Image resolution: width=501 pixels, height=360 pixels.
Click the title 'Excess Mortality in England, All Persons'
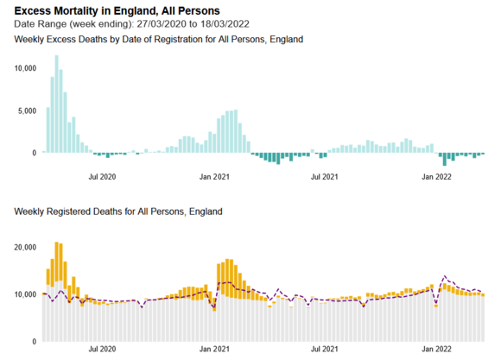click(x=117, y=11)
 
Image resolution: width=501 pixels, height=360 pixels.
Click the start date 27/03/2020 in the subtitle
click(x=162, y=24)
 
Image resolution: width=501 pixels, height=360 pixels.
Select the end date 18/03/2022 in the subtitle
click(x=225, y=24)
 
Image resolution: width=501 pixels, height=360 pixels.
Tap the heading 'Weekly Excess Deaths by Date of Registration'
click(x=108, y=40)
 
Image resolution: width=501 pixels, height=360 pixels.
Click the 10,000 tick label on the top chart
click(x=25, y=68)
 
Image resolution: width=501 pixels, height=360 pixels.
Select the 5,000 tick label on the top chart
click(x=27, y=111)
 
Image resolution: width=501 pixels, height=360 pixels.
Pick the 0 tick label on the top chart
click(x=35, y=153)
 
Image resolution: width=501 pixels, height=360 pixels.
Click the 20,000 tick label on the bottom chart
click(x=25, y=248)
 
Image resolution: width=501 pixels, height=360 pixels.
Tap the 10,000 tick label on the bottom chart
click(x=25, y=294)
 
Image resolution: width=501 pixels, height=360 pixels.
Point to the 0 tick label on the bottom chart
click(x=35, y=342)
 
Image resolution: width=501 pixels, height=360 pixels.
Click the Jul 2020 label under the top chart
click(x=102, y=177)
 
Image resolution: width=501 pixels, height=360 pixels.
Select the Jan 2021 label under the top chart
click(x=214, y=177)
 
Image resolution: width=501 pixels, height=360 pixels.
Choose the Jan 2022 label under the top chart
click(x=436, y=177)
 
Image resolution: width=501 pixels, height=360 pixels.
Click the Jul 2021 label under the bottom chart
click(x=324, y=349)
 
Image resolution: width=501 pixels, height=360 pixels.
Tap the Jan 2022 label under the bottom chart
click(x=436, y=349)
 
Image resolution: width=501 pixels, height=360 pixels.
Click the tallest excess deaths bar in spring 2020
click(x=56, y=104)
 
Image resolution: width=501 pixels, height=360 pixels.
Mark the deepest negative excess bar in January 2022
click(x=445, y=159)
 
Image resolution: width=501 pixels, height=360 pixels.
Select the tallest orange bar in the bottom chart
click(x=56, y=262)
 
